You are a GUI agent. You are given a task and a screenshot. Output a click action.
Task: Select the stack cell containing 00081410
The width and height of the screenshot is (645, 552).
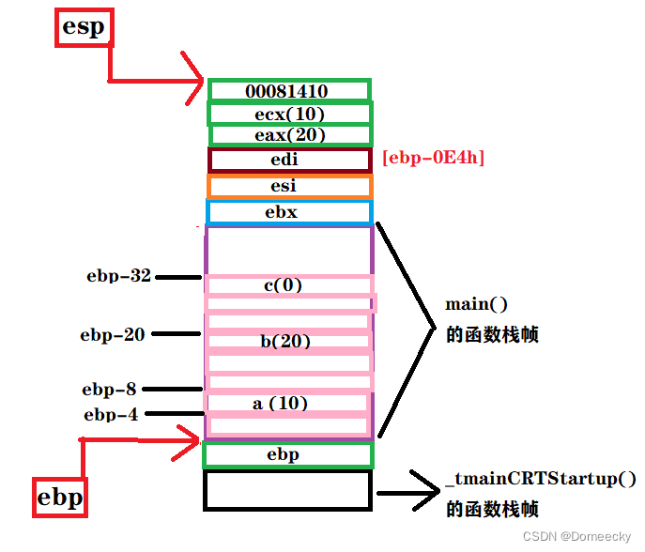click(289, 91)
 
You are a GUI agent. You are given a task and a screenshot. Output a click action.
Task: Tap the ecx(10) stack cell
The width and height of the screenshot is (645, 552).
click(289, 114)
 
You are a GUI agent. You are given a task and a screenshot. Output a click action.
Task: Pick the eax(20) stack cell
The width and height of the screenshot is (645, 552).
click(289, 135)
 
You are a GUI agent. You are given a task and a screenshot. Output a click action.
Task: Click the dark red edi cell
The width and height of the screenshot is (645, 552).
click(289, 160)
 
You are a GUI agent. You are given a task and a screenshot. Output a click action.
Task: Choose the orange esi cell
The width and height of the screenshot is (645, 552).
click(289, 186)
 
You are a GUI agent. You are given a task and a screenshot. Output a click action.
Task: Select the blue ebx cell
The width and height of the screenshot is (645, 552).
click(289, 212)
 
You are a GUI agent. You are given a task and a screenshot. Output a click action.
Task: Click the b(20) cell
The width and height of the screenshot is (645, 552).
click(286, 342)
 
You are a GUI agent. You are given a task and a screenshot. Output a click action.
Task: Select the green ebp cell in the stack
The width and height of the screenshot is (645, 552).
click(287, 454)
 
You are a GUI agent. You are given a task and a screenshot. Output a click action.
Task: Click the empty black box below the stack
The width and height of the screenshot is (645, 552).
click(287, 490)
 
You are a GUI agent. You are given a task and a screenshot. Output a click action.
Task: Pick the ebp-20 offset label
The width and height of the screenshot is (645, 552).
click(113, 333)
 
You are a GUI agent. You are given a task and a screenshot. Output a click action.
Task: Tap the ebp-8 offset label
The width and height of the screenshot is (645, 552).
click(110, 389)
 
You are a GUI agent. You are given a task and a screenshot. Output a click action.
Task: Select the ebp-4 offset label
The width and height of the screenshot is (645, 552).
click(111, 414)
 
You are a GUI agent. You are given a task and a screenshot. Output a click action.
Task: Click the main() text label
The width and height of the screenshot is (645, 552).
click(476, 304)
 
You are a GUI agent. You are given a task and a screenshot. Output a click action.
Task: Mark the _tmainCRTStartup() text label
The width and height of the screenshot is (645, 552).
click(542, 479)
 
